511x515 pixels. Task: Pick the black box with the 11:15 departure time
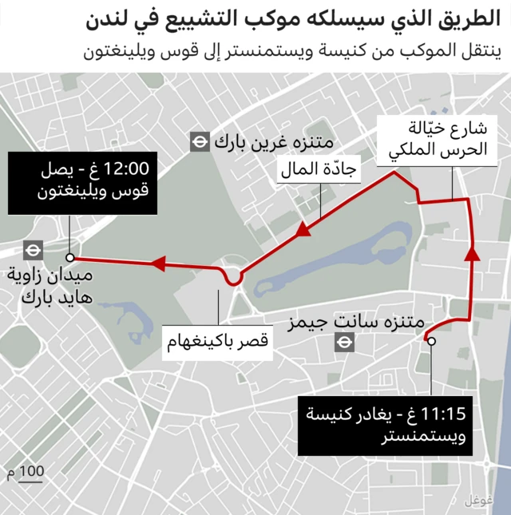pyautogui.click(x=382, y=426)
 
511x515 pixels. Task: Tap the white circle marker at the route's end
pyautogui.click(x=70, y=257)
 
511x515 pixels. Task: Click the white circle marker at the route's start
pyautogui.click(x=432, y=341)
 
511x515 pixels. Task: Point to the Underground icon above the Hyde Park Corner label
pyautogui.click(x=33, y=249)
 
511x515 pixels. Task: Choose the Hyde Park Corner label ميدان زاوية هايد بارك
pyautogui.click(x=50, y=287)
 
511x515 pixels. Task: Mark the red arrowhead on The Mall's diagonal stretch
pyautogui.click(x=303, y=232)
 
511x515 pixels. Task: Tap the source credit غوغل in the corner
pyautogui.click(x=477, y=501)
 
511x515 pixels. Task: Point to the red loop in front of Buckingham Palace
pyautogui.click(x=234, y=278)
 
